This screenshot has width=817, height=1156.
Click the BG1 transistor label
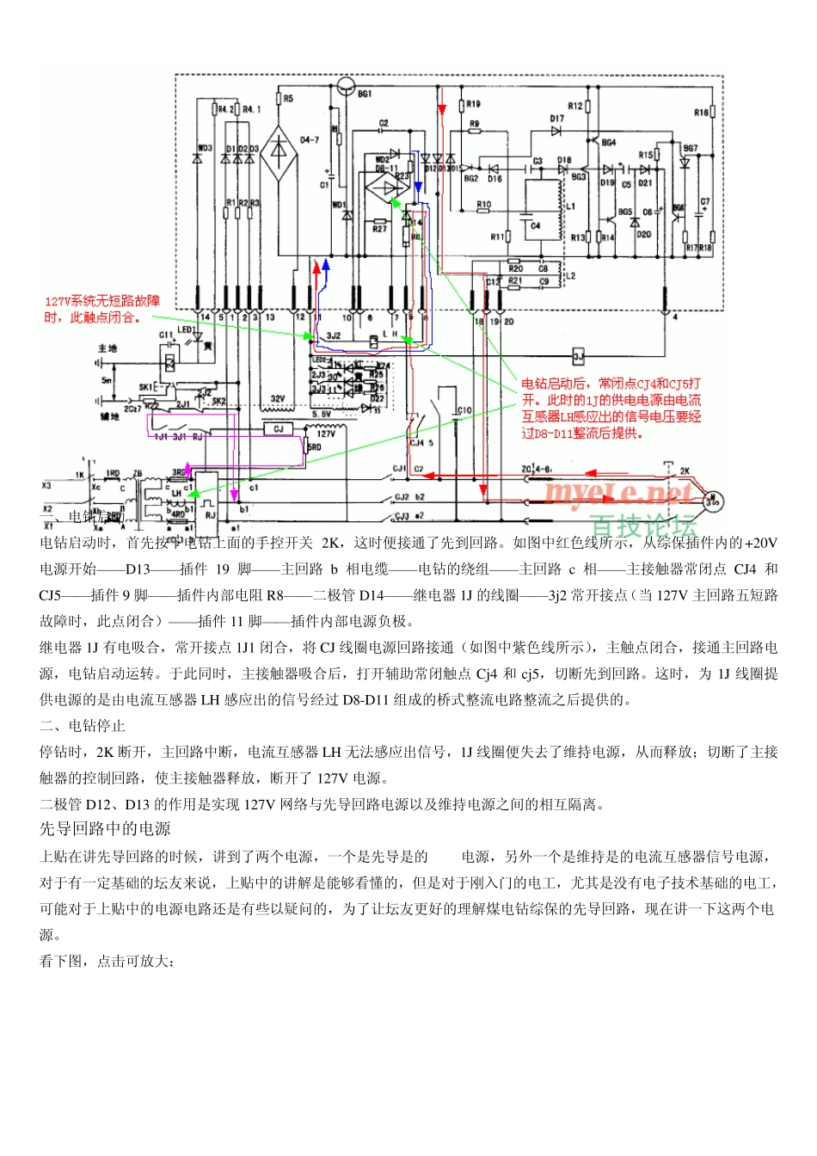click(365, 94)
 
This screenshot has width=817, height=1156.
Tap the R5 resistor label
click(288, 99)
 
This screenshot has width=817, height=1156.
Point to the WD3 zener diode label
click(205, 149)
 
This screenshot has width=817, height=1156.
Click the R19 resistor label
click(474, 104)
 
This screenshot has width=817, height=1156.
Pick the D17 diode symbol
click(556, 132)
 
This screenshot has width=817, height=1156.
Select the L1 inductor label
click(570, 206)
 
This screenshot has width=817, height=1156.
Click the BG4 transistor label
click(608, 143)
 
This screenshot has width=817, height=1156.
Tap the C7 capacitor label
click(705, 202)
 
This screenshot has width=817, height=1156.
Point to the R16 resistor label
click(702, 113)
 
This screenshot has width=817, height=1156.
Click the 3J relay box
click(579, 356)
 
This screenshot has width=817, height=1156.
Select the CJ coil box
click(278, 428)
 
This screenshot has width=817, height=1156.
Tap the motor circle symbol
click(713, 501)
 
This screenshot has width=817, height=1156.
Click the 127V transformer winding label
click(326, 434)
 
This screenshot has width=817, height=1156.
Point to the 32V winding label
click(278, 399)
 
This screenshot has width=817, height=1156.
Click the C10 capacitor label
click(464, 411)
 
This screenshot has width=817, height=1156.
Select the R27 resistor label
click(379, 230)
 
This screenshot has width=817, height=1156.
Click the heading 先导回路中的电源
click(105, 829)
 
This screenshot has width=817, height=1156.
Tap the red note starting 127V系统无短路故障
click(101, 310)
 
